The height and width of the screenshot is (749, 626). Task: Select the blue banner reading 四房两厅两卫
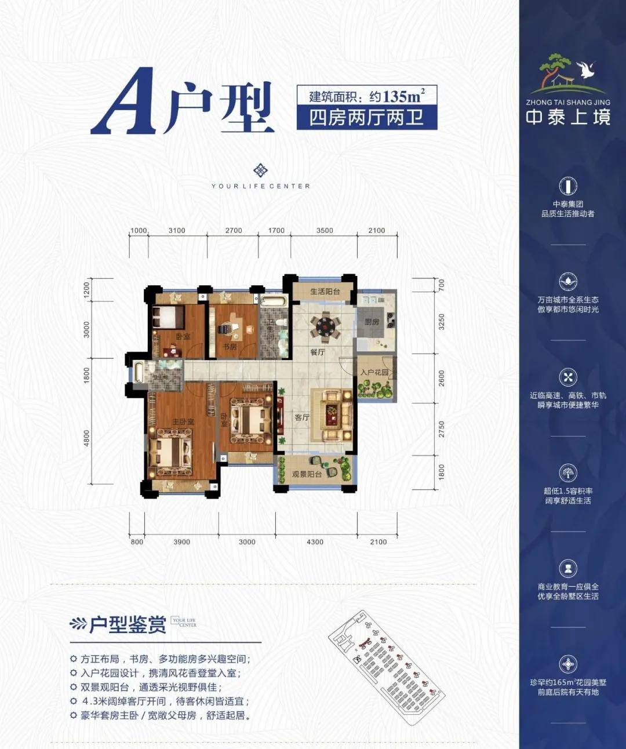point(366,118)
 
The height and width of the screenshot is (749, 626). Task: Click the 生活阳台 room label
point(325,292)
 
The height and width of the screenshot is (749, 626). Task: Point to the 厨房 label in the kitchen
point(372,322)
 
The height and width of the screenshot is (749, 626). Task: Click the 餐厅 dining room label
point(317,352)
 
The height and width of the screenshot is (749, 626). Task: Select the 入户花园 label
point(374,372)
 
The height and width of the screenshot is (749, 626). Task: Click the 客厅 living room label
point(301,417)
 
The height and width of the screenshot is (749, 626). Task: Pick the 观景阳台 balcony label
point(307,474)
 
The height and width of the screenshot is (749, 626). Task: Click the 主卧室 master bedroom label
point(183,421)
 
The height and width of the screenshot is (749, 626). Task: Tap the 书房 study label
point(230,347)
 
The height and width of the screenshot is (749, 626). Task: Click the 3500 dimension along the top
point(325,231)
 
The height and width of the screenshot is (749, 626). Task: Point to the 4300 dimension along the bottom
point(315,542)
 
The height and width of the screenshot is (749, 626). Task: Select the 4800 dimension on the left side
point(87,438)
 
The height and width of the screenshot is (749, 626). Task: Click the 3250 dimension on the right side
point(442,322)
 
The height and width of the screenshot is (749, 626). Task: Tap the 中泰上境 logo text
point(568,117)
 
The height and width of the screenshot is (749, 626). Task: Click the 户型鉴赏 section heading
point(128,624)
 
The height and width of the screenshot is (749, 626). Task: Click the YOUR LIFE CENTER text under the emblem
point(261,186)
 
